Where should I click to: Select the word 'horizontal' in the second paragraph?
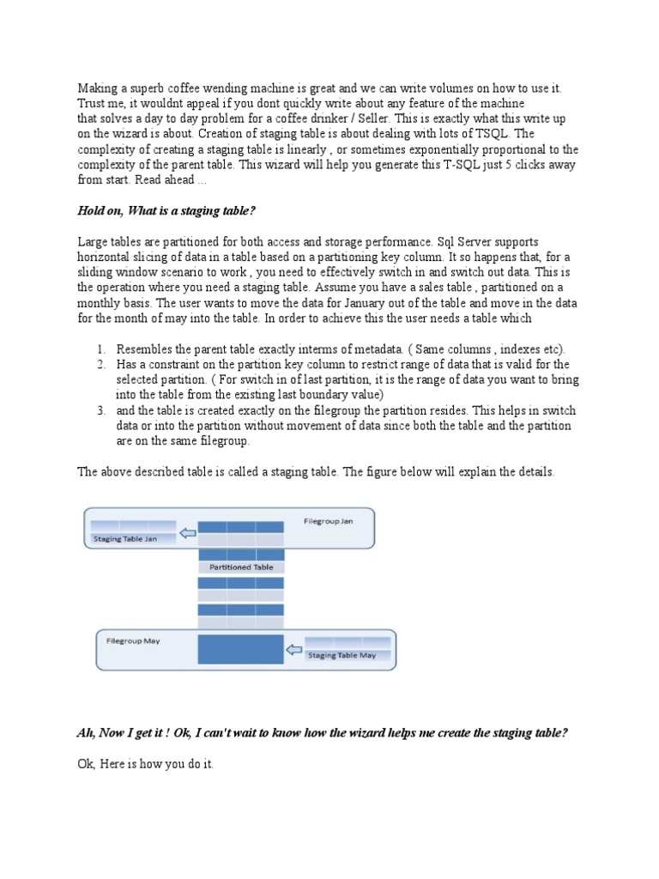coord(106,258)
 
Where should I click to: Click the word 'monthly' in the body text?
coord(102,303)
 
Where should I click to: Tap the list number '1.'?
coord(101,349)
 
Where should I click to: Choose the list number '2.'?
coord(101,365)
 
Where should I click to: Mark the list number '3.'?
coord(101,410)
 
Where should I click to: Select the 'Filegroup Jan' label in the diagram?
coord(328,521)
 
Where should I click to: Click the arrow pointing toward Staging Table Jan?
coord(186,534)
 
